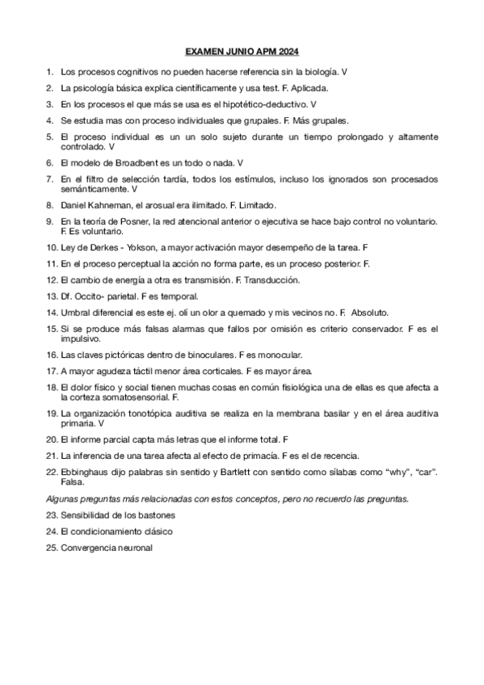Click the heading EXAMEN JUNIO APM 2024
tap(242, 51)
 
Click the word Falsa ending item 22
tap(73, 481)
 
